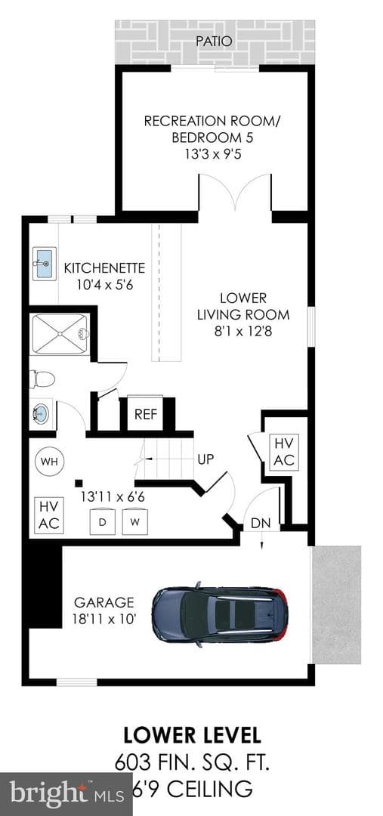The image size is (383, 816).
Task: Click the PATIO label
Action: pos(214,41)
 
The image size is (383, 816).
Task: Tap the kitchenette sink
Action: pos(43,264)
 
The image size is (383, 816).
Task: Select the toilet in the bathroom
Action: pos(42,379)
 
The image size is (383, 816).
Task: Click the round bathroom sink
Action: pos(42,414)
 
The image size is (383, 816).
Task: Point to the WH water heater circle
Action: pos(49,461)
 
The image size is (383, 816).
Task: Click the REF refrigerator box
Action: pos(145,414)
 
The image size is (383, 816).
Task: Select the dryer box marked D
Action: pos(103,521)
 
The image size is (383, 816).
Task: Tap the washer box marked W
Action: pos(134,521)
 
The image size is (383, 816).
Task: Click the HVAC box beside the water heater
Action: pos(49,515)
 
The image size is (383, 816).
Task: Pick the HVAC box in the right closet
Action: pos(284,452)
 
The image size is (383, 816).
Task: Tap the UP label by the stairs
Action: pos(205,459)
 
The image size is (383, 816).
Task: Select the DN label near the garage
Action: pos(261,524)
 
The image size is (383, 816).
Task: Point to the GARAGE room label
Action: pos(104,603)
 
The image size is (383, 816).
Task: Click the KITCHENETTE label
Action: pos(104,268)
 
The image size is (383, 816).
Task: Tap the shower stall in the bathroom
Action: pos(60,334)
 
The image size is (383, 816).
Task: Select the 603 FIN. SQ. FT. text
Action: pos(192,764)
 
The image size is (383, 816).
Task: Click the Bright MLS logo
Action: pos(66,794)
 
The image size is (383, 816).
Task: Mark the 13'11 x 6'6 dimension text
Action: pos(113,496)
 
